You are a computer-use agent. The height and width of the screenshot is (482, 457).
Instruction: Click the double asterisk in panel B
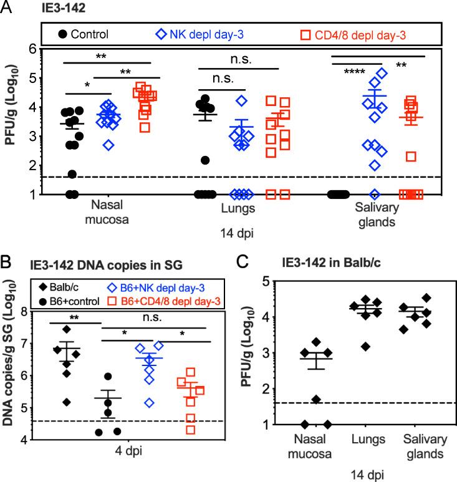[74, 316]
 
